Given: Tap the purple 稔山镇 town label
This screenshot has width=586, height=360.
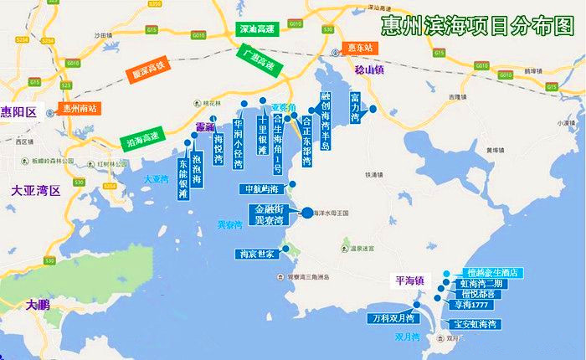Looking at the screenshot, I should (x=368, y=69).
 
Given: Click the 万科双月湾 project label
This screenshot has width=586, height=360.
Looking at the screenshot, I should (x=393, y=319).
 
